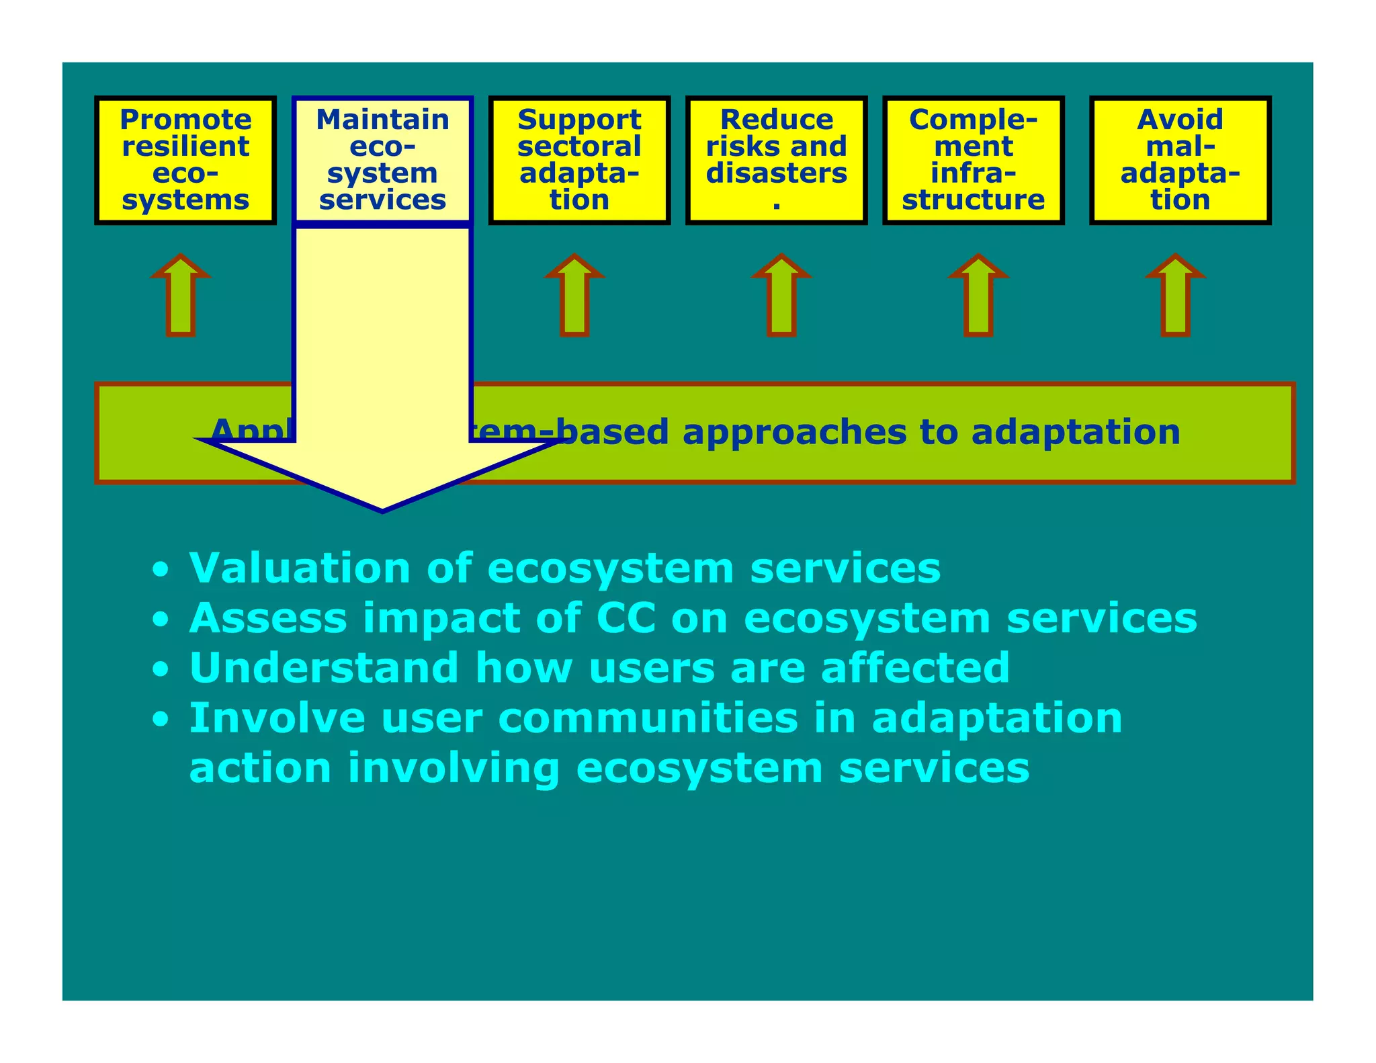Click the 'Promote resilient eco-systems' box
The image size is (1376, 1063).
click(x=185, y=160)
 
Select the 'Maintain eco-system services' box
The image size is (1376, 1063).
click(x=382, y=160)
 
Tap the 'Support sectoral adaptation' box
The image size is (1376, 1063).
click(x=579, y=160)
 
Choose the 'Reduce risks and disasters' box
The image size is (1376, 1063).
click(x=776, y=160)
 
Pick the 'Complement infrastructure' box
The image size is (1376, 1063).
click(x=973, y=160)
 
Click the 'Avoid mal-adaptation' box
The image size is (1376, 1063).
click(x=1180, y=160)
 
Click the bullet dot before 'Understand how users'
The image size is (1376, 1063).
click(x=160, y=670)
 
